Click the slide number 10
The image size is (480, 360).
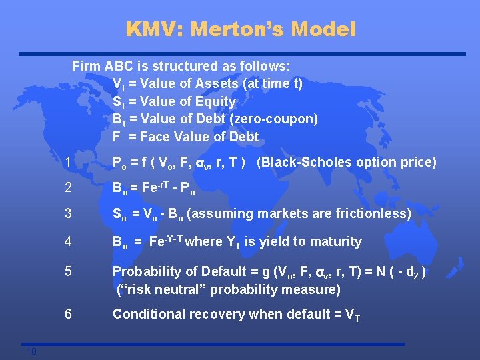point(32,352)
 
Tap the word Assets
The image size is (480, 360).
point(216,83)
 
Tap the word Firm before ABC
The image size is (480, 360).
point(87,66)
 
